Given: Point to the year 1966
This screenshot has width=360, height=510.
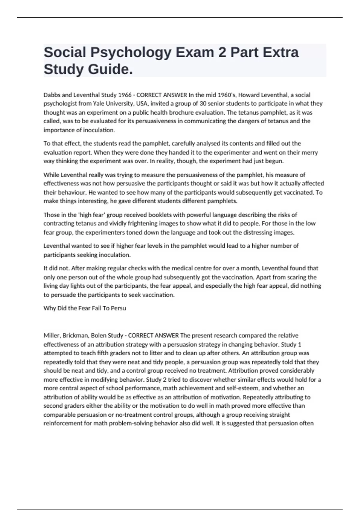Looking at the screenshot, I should point(125,95).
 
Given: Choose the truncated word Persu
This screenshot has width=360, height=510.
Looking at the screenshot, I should point(118,308).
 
